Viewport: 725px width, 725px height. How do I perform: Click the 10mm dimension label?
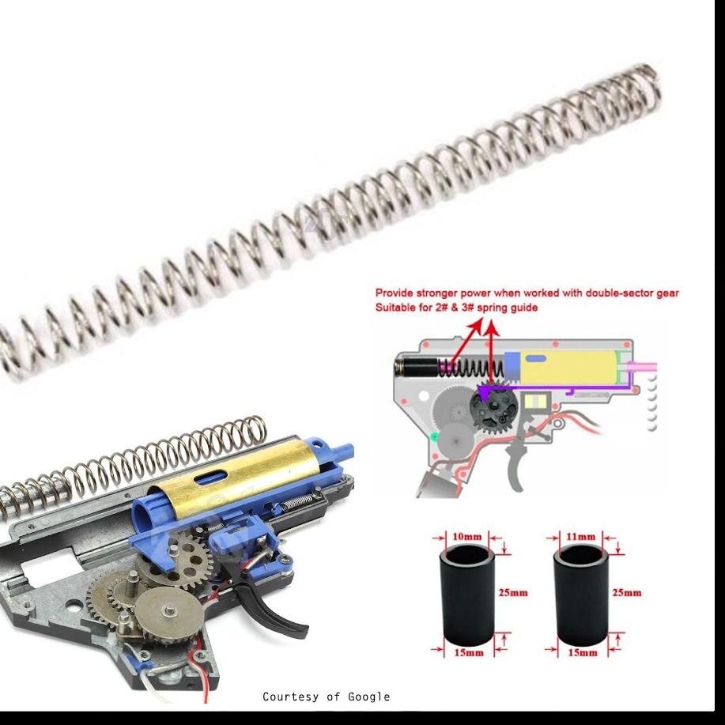(x=466, y=537)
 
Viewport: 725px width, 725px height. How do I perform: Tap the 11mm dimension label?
(x=581, y=537)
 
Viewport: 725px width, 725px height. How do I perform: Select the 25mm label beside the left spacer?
(x=513, y=593)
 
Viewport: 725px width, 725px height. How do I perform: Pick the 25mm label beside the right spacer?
(x=626, y=593)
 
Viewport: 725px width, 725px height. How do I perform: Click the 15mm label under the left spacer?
(x=469, y=653)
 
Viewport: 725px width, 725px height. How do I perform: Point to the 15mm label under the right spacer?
(x=582, y=653)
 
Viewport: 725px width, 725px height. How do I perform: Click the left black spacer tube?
(x=466, y=595)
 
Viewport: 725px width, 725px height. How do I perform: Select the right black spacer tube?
(x=581, y=595)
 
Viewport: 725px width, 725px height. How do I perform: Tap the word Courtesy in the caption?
(x=290, y=697)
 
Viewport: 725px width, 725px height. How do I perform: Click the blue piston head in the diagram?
(x=512, y=366)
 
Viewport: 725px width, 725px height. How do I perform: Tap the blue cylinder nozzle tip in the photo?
(x=345, y=449)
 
